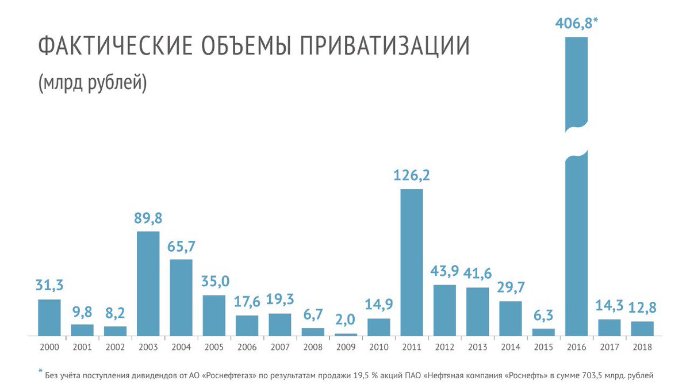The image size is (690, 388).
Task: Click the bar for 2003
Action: pyautogui.click(x=148, y=283)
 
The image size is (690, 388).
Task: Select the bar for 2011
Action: pyautogui.click(x=412, y=262)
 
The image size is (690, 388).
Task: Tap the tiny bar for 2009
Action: pyautogui.click(x=346, y=334)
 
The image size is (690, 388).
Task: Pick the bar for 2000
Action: pyautogui.click(x=49, y=317)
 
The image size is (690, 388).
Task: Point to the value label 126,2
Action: pyautogui.click(x=412, y=175)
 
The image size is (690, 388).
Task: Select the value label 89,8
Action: pyautogui.click(x=148, y=218)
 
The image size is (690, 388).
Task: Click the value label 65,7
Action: pyautogui.click(x=181, y=246)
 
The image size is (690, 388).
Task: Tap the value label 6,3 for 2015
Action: pyautogui.click(x=543, y=315)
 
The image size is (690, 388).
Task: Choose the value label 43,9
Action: pyautogui.click(x=444, y=271)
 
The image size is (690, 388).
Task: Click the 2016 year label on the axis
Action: pyautogui.click(x=577, y=347)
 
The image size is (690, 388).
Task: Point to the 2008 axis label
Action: pyautogui.click(x=313, y=347)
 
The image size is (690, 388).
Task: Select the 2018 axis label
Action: pyautogui.click(x=642, y=347)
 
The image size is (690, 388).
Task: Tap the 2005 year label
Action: pyautogui.click(x=214, y=347)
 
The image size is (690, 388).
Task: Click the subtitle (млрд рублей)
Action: pyautogui.click(x=93, y=83)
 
